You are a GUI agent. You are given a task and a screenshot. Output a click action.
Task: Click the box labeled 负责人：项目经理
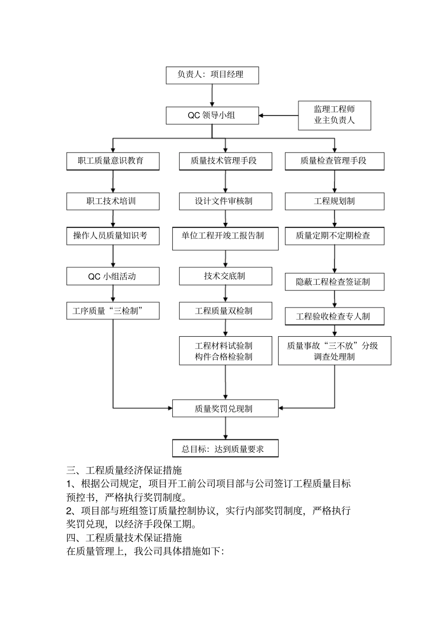pyautogui.click(x=212, y=75)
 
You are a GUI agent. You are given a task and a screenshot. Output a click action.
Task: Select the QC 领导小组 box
pyautogui.click(x=212, y=115)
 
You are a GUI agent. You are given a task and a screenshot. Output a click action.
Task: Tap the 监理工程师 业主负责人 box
pyautogui.click(x=334, y=115)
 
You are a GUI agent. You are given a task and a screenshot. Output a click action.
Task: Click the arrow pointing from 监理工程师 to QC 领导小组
pyautogui.click(x=279, y=115)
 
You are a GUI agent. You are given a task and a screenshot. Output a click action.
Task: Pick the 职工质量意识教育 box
pyautogui.click(x=113, y=161)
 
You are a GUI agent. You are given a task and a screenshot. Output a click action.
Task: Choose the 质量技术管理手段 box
pyautogui.click(x=226, y=161)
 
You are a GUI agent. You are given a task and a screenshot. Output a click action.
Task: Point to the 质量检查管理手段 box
pyautogui.click(x=334, y=161)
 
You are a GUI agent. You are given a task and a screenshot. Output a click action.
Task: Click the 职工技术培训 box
pyautogui.click(x=113, y=201)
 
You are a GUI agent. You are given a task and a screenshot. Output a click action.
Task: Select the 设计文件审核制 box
pyautogui.click(x=226, y=201)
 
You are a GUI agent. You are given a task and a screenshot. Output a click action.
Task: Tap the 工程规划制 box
pyautogui.click(x=334, y=201)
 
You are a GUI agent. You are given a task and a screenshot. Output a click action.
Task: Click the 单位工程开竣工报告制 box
pyautogui.click(x=226, y=238)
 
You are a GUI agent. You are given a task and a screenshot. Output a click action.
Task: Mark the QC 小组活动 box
pyautogui.click(x=113, y=277)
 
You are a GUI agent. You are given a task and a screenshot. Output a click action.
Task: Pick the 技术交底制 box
pyautogui.click(x=226, y=276)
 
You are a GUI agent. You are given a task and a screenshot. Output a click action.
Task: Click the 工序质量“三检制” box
pyautogui.click(x=113, y=311)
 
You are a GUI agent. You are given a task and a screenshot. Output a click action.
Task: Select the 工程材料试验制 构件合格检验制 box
pyautogui.click(x=226, y=351)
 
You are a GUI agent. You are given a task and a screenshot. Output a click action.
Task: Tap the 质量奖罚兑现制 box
pyautogui.click(x=226, y=409)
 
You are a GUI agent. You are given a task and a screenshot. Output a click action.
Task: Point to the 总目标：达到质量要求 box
pyautogui.click(x=226, y=449)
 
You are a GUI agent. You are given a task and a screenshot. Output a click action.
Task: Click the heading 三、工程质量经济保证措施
pyautogui.click(x=124, y=471)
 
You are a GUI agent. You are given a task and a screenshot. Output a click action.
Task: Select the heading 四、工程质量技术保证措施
pyautogui.click(x=124, y=538)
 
